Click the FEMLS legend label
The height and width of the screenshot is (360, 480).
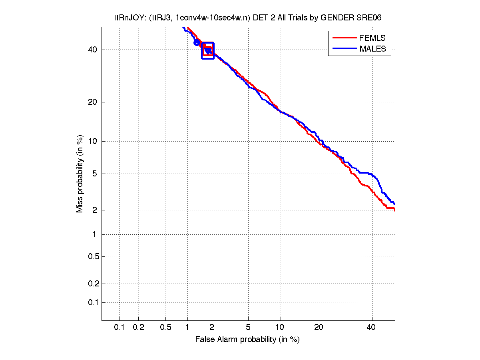coord(372,38)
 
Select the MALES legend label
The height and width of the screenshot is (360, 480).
coord(372,49)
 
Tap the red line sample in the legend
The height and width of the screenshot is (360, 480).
coord(344,38)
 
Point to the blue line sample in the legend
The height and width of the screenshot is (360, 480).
coord(344,49)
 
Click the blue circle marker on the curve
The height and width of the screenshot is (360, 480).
coord(197,42)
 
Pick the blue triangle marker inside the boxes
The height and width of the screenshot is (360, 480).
coord(208,51)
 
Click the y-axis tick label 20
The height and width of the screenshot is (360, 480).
coord(92,102)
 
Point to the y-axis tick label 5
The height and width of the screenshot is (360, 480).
coord(94,174)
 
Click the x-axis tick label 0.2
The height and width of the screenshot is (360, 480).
coord(138,328)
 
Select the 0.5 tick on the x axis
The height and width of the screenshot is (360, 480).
coord(165,328)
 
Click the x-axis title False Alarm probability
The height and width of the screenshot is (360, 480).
coord(247,340)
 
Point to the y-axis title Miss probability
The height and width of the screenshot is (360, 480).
coord(80,174)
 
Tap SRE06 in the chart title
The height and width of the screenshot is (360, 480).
coord(370,18)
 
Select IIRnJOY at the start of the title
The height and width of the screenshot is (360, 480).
coord(127,18)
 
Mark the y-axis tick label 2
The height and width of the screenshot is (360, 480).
coord(94,210)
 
